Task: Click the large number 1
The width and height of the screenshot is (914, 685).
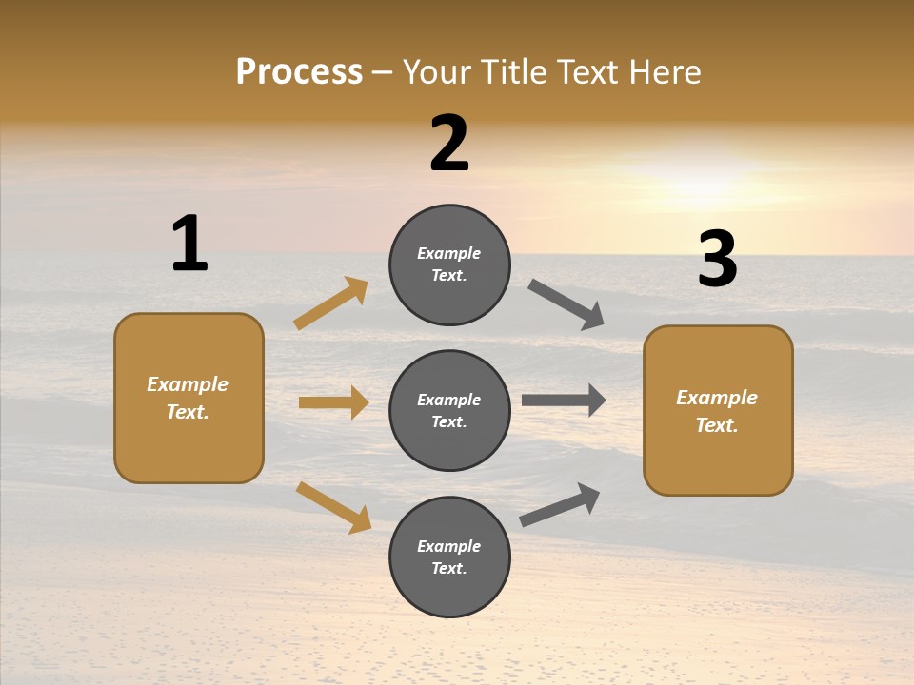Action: pyautogui.click(x=189, y=244)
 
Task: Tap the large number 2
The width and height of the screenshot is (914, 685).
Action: pyautogui.click(x=449, y=144)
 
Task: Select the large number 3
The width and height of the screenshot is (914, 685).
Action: pyautogui.click(x=717, y=260)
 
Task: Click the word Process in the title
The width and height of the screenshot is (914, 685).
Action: pyautogui.click(x=299, y=71)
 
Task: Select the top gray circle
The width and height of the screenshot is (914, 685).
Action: pyautogui.click(x=449, y=264)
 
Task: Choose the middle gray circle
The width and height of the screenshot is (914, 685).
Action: pyautogui.click(x=449, y=410)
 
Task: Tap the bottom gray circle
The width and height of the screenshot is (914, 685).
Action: pyautogui.click(x=449, y=557)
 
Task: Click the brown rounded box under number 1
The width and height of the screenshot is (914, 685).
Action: pyautogui.click(x=189, y=398)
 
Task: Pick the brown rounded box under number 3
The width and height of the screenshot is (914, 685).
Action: pyautogui.click(x=718, y=410)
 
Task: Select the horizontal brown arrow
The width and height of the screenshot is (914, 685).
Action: pyautogui.click(x=333, y=402)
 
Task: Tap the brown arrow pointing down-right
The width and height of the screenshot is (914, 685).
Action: pyautogui.click(x=334, y=507)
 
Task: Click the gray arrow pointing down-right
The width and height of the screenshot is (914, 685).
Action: pyautogui.click(x=566, y=304)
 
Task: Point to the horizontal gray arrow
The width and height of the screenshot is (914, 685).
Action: pyautogui.click(x=564, y=401)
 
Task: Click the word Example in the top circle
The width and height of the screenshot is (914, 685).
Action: pyautogui.click(x=449, y=253)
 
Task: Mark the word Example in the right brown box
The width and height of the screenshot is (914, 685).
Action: pyautogui.click(x=717, y=398)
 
